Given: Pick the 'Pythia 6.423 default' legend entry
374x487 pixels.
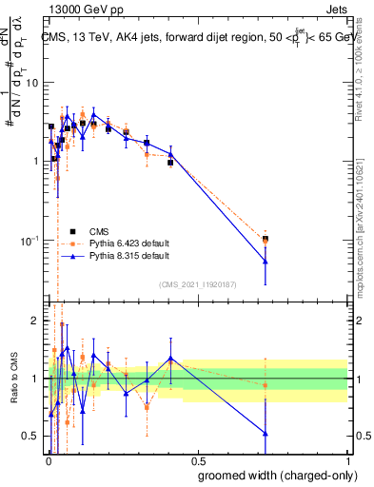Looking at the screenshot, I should coord(120,243).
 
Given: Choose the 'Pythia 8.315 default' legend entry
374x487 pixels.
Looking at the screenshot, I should coord(120,256).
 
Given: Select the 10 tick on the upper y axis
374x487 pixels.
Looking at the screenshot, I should coord(31,83).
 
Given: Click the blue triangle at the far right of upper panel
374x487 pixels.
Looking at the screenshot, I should coord(266,262).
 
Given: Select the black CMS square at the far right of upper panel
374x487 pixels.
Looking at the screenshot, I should coord(266,239).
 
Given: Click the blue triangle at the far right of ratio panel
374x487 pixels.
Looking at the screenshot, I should coord(266,434).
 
